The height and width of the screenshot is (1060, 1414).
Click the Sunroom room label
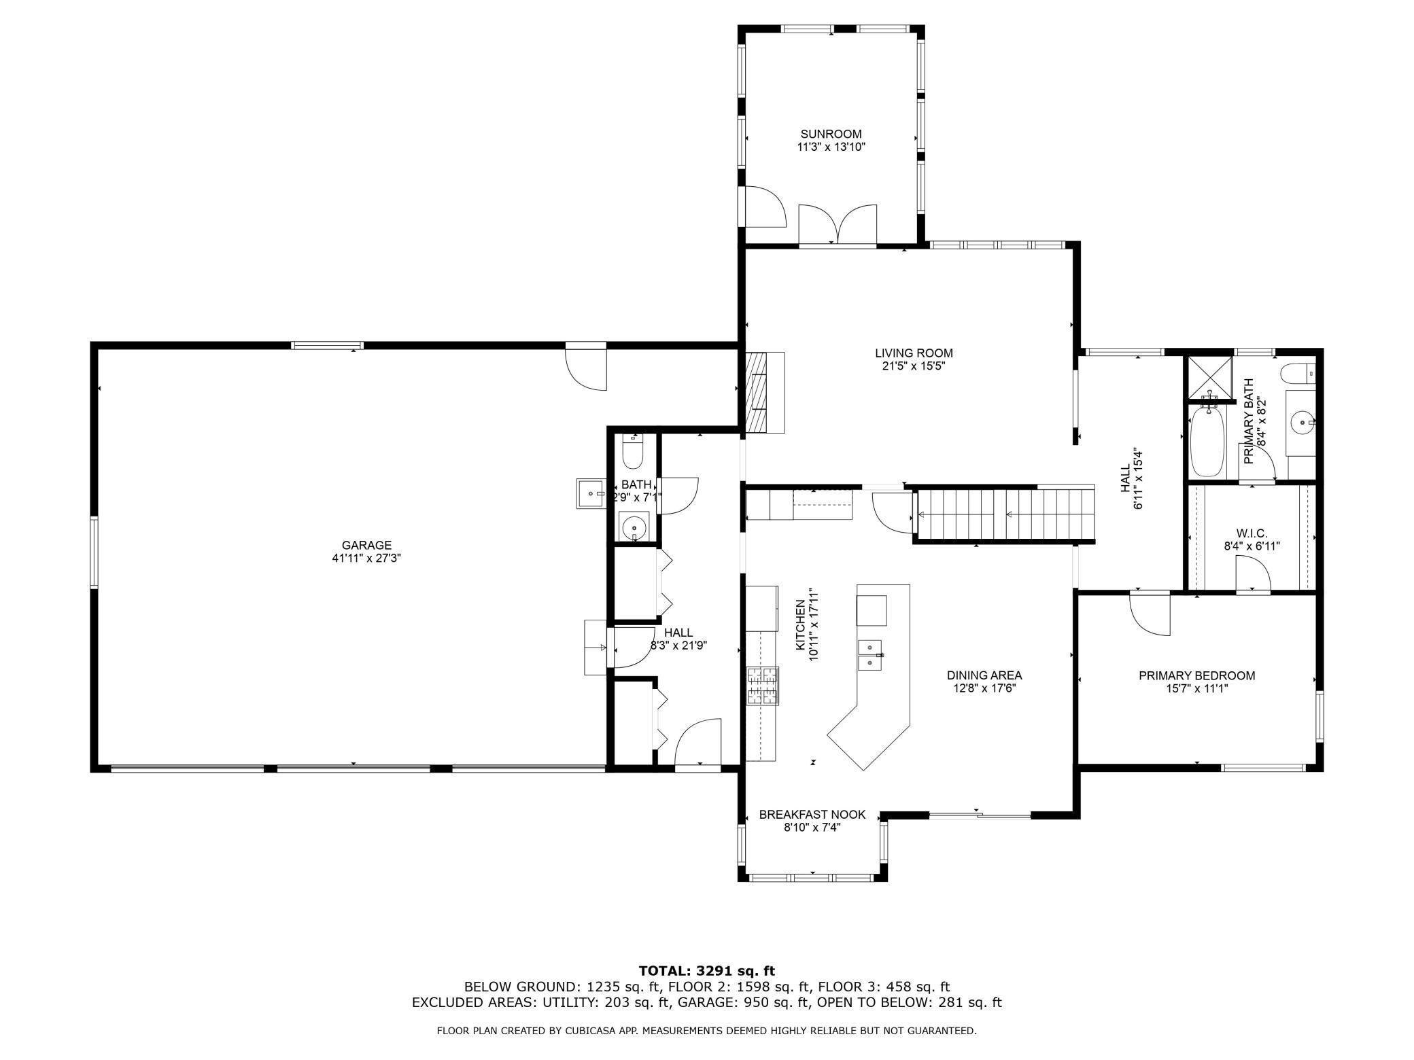[831, 134]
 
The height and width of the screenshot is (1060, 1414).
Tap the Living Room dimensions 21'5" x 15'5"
[914, 366]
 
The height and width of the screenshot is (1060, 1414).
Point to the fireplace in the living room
[765, 393]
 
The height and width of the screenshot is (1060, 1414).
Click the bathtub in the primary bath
[1207, 441]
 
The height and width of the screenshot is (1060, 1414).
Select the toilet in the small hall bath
[632, 452]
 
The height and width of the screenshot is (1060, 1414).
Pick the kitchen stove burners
[762, 686]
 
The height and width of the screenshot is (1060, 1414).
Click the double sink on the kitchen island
[869, 654]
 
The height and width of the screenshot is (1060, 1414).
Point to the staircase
[1004, 514]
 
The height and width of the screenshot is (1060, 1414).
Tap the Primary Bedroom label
[1197, 675]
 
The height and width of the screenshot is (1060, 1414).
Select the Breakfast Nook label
[812, 814]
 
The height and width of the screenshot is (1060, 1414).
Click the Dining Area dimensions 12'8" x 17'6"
[984, 688]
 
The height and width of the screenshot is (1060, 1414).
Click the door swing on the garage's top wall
[586, 369]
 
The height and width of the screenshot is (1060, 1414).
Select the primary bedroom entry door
[1150, 614]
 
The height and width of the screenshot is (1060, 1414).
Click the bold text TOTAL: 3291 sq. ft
[707, 971]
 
